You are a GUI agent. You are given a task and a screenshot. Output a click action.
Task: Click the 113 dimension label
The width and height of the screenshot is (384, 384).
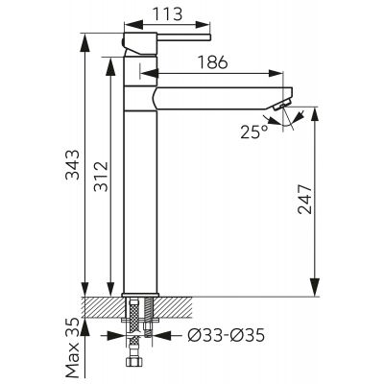(x=167, y=13)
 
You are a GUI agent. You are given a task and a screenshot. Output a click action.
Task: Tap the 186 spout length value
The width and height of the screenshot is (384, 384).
(x=212, y=62)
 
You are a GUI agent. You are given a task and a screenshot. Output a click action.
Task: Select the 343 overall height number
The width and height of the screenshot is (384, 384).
(x=72, y=164)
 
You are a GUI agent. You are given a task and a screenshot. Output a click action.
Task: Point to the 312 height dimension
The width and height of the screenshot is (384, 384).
(x=101, y=177)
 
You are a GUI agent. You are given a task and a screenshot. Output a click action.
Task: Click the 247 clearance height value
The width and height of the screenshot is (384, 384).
(x=304, y=200)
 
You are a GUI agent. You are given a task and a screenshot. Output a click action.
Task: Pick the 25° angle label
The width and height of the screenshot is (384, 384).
(x=254, y=132)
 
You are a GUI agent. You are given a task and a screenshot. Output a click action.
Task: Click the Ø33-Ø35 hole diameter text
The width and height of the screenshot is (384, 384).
(x=226, y=335)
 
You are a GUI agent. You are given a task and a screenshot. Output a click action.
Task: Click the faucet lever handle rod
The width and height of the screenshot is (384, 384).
(x=183, y=37)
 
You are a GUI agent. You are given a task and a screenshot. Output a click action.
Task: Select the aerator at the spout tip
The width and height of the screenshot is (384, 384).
(x=282, y=105)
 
